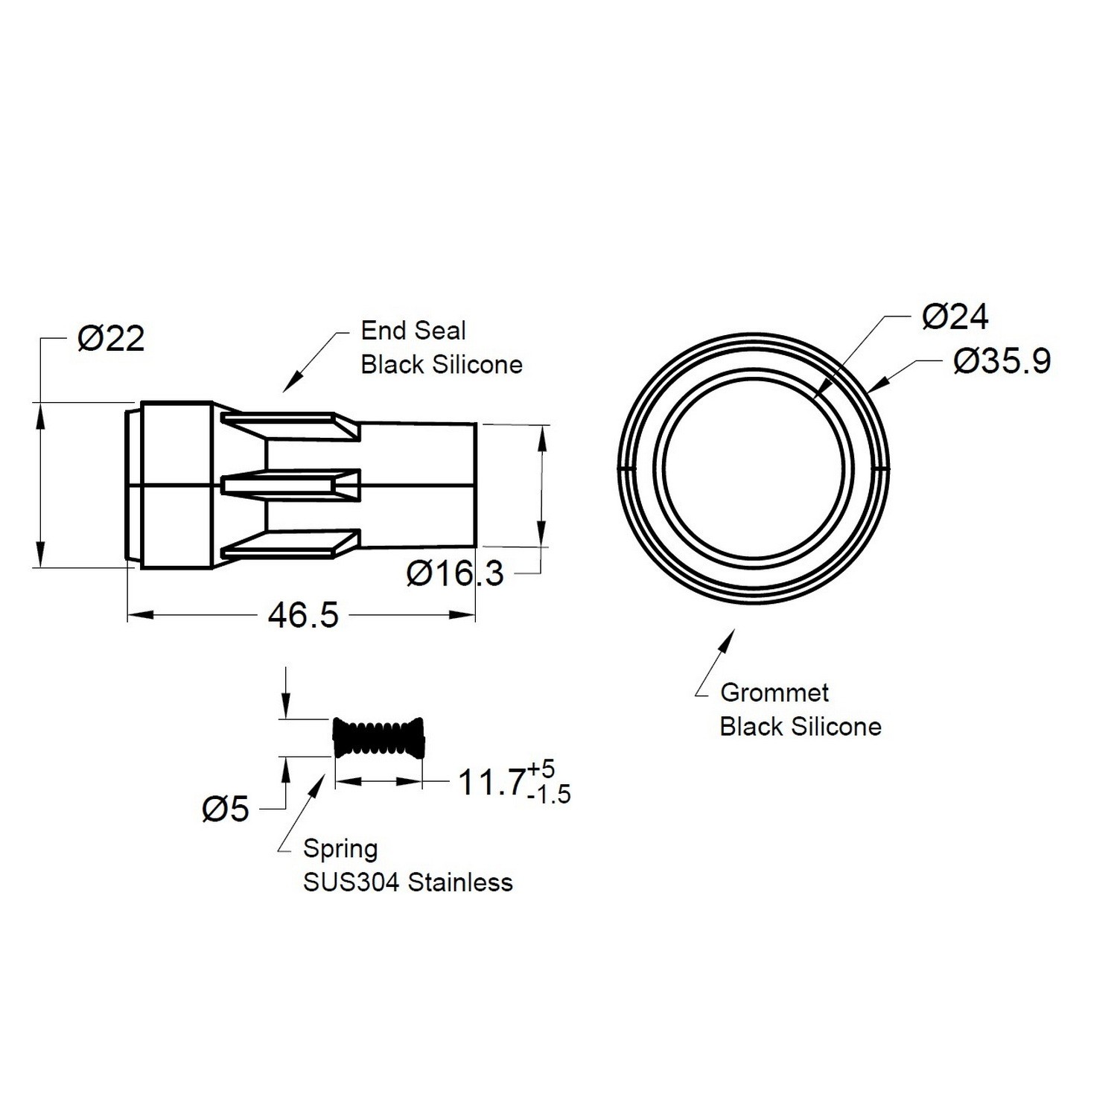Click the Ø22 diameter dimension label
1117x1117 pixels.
click(111, 340)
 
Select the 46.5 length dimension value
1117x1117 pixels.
click(304, 615)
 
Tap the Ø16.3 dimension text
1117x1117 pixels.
click(455, 573)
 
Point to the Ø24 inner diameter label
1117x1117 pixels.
click(955, 317)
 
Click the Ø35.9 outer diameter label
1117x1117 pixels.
click(1002, 361)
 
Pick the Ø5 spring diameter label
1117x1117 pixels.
click(226, 809)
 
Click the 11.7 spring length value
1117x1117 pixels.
click(491, 783)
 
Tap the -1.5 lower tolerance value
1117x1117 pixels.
click(549, 795)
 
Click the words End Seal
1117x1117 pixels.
click(413, 331)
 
